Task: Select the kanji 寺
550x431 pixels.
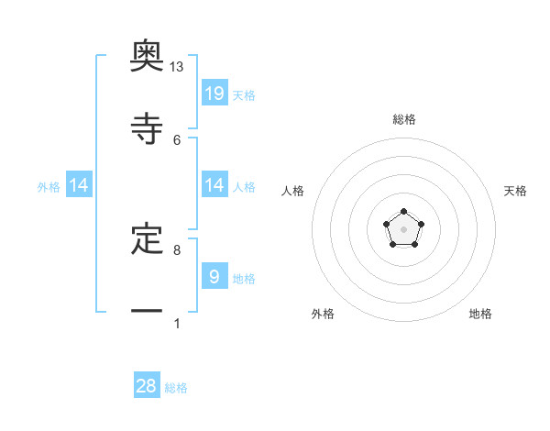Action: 147,128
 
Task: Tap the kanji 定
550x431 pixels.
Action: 147,238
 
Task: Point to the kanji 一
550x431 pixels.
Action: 147,312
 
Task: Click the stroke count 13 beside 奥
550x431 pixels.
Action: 177,67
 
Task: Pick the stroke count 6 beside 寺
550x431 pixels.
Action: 177,139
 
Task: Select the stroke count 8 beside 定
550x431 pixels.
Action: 177,249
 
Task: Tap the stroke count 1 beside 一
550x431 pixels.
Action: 177,323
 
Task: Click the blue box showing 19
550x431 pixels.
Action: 214,93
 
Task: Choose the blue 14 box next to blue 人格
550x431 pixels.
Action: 214,185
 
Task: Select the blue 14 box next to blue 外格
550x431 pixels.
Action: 79,185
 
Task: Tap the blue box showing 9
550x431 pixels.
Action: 214,276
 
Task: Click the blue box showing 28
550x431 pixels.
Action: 147,386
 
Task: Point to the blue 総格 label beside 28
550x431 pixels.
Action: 176,388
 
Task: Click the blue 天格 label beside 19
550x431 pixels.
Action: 244,95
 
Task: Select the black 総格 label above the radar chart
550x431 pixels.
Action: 403,119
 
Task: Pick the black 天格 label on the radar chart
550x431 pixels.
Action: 515,191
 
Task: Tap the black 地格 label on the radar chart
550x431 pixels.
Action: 480,314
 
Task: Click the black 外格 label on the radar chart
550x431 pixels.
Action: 323,314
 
